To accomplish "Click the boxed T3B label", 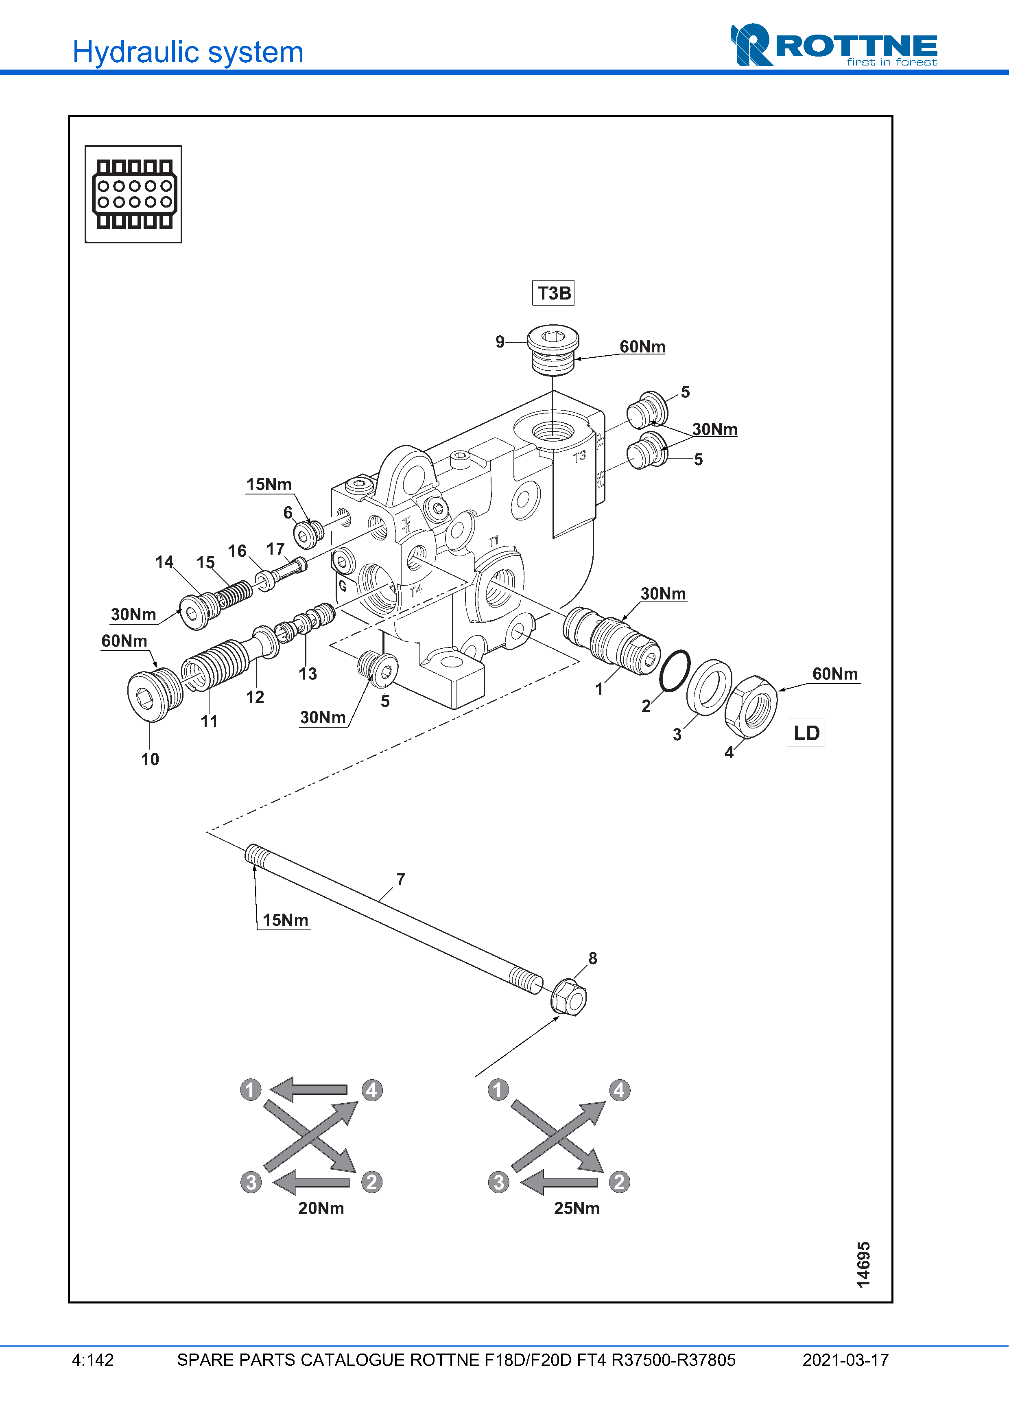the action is coord(553,293).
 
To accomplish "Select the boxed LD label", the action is coord(806,733).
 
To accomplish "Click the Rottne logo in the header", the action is coord(834,45).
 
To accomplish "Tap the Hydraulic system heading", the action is coord(188,52).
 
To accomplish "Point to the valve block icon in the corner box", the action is coord(134,194).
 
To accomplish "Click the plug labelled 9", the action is coord(553,350).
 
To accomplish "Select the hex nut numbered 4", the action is coord(751,706).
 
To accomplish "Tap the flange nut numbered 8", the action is coord(568,997).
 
